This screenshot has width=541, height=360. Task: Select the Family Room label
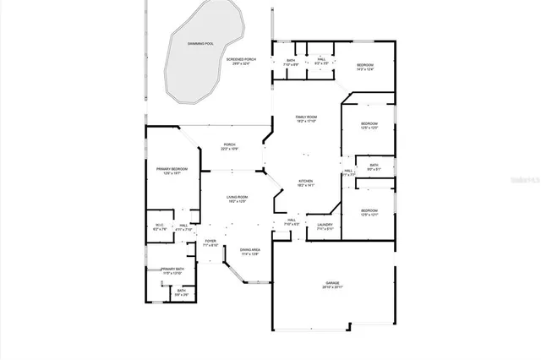(305, 118)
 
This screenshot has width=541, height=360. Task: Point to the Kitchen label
(305, 183)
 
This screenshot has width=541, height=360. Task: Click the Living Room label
(237, 199)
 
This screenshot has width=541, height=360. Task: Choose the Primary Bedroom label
(172, 171)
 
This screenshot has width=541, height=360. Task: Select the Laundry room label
(325, 226)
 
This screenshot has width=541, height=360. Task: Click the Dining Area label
(249, 252)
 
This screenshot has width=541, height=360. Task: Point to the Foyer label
(211, 243)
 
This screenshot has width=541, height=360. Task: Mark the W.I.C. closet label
(158, 226)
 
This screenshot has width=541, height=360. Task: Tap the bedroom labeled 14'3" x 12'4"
(364, 68)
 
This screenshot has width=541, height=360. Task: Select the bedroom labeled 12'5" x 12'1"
(369, 212)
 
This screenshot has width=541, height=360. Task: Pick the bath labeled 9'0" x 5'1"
(374, 167)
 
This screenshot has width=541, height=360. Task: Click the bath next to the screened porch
(290, 63)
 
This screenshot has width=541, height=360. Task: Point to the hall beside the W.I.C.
(183, 226)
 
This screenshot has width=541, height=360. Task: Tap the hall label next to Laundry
(291, 221)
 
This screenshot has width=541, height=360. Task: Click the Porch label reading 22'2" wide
(229, 147)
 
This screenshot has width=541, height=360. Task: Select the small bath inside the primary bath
(182, 292)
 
